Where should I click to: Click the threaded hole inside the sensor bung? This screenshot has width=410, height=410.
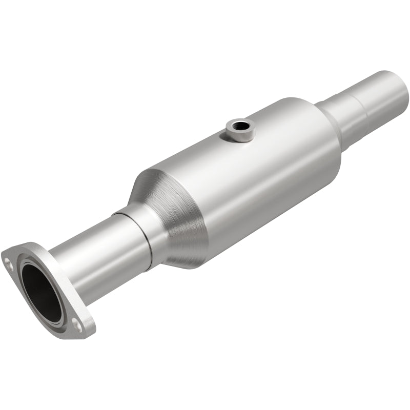(240, 124)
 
